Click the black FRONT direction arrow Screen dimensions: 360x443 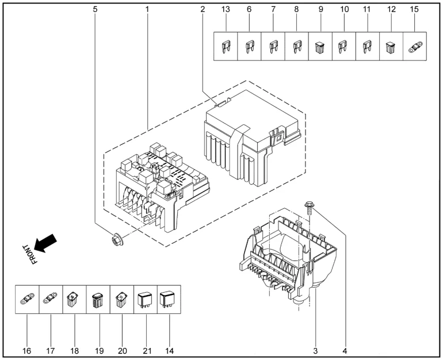point(46,241)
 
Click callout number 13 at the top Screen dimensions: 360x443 point(226,9)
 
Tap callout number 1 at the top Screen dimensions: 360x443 point(147,9)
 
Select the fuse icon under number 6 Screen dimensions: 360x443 point(250,47)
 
